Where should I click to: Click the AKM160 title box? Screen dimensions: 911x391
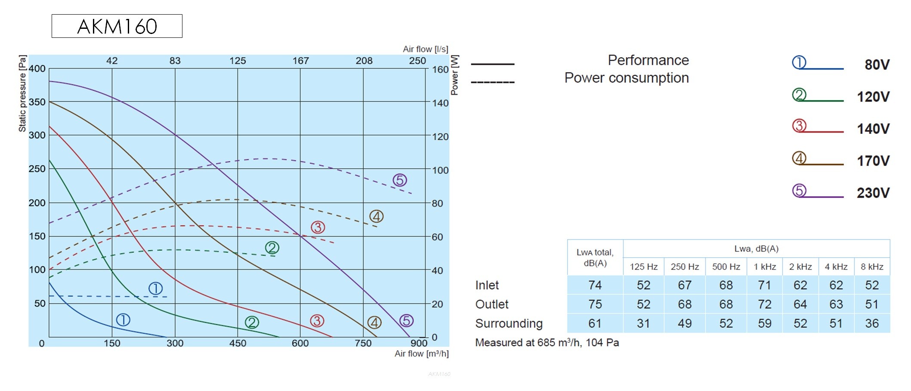coord(117,26)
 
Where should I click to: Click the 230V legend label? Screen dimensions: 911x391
coord(873,193)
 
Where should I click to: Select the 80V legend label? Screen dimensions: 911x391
coord(877,65)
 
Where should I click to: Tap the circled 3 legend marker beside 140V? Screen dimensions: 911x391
coord(799,126)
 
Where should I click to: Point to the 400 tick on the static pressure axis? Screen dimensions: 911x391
coord(37,69)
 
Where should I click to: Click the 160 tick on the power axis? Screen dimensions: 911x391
coord(440,69)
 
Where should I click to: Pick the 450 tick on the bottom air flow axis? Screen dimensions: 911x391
coord(238,343)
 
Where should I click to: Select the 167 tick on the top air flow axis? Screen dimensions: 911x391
coord(300,61)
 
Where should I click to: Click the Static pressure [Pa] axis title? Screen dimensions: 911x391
coord(22,93)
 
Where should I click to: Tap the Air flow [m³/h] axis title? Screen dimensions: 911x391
coord(421,354)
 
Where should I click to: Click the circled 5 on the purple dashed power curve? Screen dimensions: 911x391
coord(400,180)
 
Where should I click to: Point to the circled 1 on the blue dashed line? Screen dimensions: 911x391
coord(155,288)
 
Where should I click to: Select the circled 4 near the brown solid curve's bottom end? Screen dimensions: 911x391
coord(374,322)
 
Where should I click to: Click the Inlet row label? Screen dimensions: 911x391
coord(487,285)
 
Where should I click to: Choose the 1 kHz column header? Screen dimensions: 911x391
coord(765,267)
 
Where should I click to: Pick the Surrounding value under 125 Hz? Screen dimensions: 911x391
coord(643,323)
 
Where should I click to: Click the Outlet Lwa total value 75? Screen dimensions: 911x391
coord(595,304)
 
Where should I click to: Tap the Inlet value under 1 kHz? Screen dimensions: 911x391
coord(765,285)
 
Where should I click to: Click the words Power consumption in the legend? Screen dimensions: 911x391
coord(627,78)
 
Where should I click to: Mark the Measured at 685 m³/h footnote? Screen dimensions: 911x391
coord(547,343)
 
